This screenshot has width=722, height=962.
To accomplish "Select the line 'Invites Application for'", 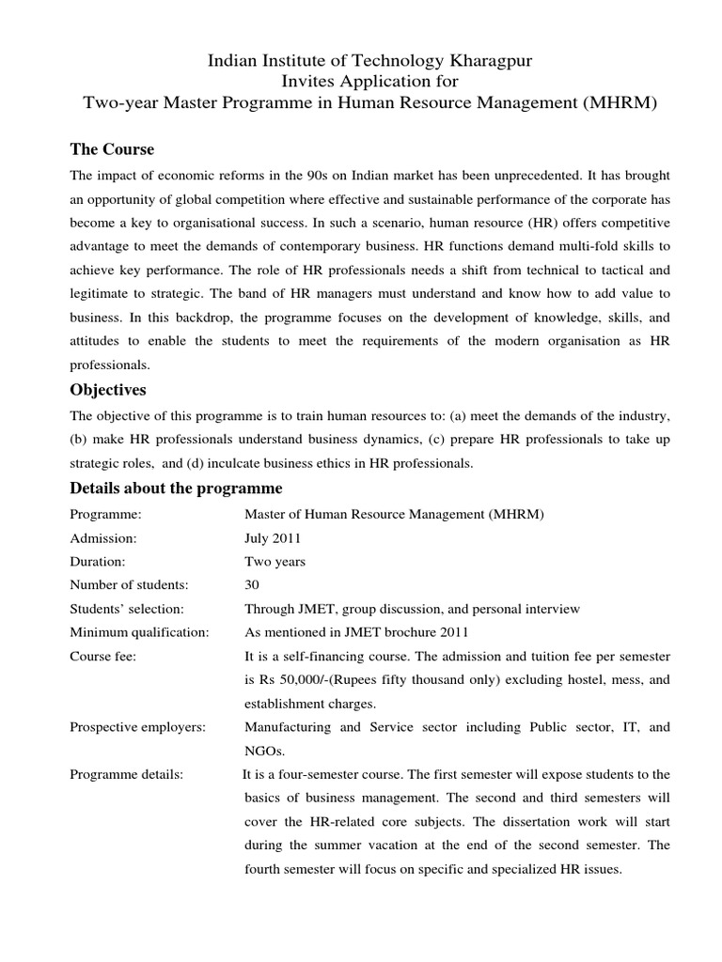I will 361,82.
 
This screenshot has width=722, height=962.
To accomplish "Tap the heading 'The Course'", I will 113,149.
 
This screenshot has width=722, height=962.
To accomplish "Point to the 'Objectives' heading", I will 108,389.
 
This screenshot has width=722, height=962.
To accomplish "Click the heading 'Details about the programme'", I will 177,489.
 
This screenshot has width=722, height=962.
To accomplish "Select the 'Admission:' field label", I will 103,538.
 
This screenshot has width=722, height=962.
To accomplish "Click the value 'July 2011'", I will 273,538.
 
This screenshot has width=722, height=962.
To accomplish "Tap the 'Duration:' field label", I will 99,562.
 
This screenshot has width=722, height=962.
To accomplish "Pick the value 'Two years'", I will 275,562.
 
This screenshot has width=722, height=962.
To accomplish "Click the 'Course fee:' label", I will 103,656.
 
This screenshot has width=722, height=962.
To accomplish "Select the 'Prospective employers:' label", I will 138,726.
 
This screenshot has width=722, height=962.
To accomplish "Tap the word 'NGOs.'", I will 264,750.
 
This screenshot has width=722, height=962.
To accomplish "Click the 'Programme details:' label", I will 127,774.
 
